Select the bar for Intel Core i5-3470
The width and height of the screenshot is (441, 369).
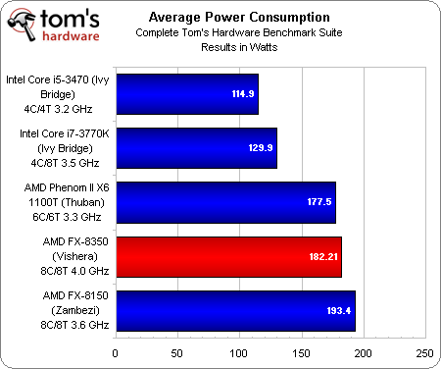coord(186,94)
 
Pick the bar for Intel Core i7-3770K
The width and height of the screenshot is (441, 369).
coord(196,148)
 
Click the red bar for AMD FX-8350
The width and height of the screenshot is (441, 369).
coord(228,256)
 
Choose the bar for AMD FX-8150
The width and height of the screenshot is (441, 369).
coord(235,310)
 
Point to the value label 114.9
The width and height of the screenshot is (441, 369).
coord(241,95)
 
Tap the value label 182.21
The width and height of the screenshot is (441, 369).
coord(321,257)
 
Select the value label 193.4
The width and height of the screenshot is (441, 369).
coord(338,311)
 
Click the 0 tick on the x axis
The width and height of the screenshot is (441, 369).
coord(116,352)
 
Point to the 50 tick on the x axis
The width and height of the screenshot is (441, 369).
coord(177,352)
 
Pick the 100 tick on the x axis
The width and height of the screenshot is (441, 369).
coord(239,352)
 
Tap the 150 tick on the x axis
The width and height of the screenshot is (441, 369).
coord(301,352)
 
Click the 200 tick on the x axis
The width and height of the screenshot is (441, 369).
coord(363,352)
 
